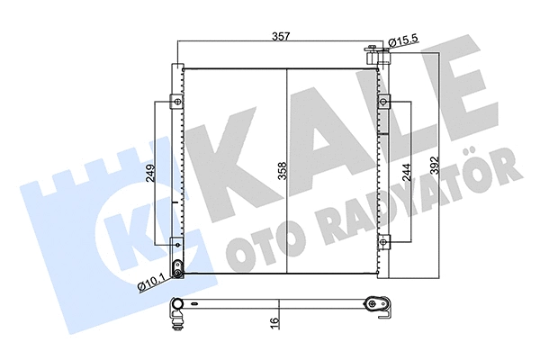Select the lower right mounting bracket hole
tap(385, 240)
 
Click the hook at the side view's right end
tap(385, 311)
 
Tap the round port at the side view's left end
tap(177, 303)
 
